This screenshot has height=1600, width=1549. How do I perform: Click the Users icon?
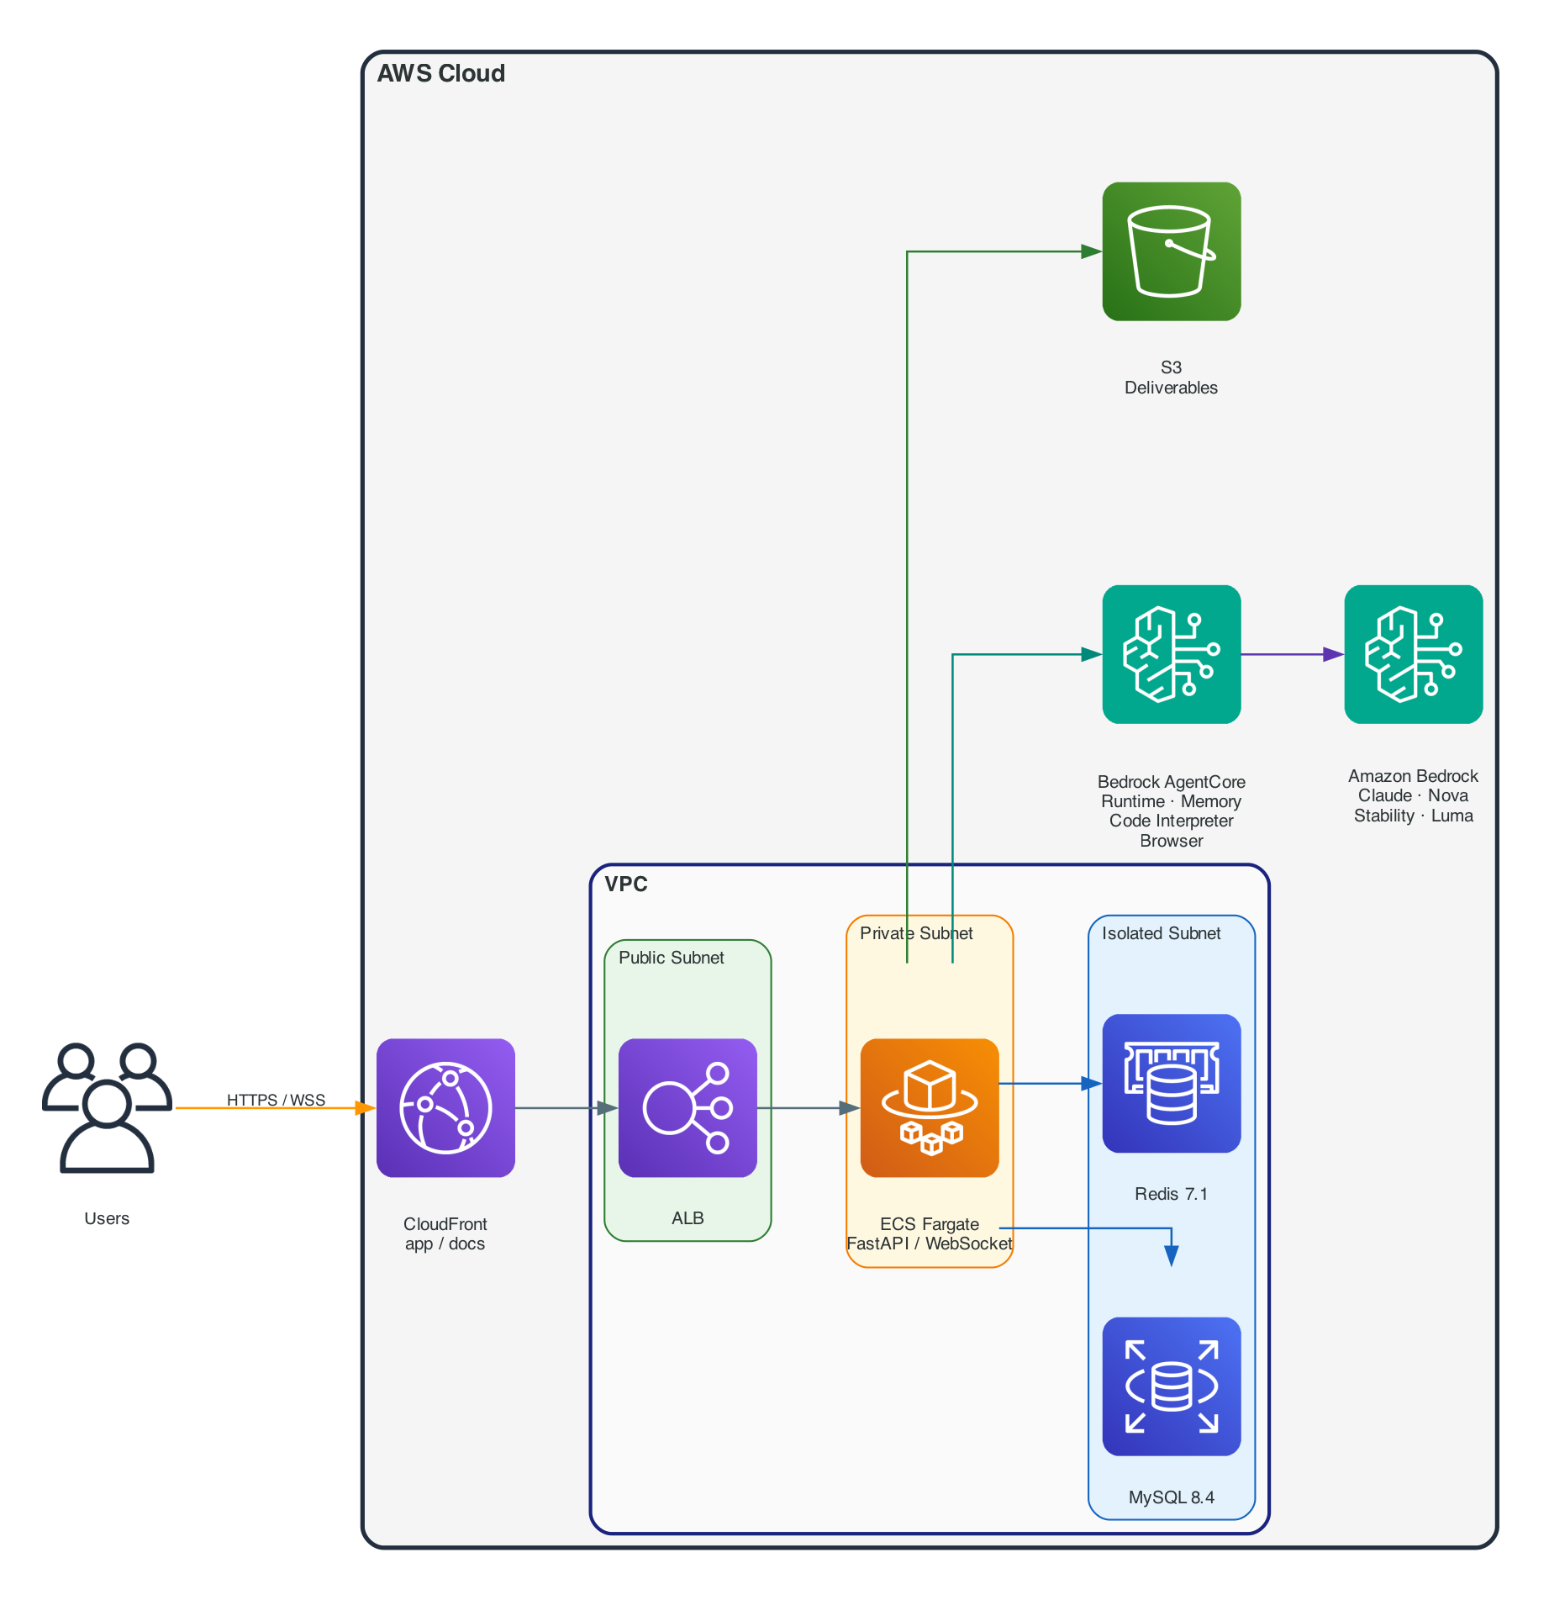tap(107, 1107)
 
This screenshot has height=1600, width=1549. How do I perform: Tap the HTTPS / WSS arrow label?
tap(276, 1100)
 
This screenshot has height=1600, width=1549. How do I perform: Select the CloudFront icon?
tap(445, 1107)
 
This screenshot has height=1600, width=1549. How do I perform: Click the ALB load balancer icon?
tap(688, 1107)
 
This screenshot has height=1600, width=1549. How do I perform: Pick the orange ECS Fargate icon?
tap(930, 1107)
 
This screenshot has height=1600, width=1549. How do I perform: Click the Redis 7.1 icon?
tap(1172, 1083)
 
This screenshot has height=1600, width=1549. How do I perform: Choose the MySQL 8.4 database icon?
tap(1172, 1386)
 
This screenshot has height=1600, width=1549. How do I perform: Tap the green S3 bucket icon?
tap(1172, 251)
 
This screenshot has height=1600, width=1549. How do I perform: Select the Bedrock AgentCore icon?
tap(1172, 654)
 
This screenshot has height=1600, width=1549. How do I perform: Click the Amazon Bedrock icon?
tap(1414, 654)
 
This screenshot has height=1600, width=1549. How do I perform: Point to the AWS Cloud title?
tap(441, 74)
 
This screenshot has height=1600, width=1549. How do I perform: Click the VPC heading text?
tap(626, 884)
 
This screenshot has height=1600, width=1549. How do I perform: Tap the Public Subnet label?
tap(672, 958)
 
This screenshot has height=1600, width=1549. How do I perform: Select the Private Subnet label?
tap(916, 933)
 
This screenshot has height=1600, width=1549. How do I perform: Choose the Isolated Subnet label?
tap(1162, 933)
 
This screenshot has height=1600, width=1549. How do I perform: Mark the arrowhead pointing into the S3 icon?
tap(1091, 251)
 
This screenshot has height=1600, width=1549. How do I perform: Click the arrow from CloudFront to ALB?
tap(563, 1108)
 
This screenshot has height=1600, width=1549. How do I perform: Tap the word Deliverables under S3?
tap(1172, 388)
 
